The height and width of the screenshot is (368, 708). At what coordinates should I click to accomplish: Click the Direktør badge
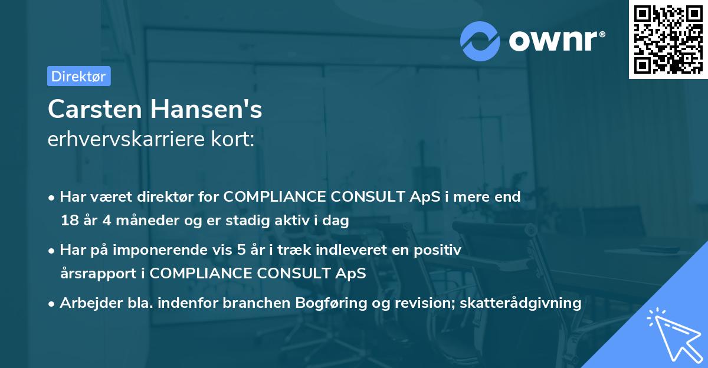tap(78, 76)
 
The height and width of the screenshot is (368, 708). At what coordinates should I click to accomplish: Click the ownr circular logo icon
tap(480, 41)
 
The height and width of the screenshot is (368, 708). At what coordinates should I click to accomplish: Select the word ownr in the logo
tap(556, 41)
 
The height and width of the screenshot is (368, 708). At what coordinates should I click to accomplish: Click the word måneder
tap(126, 221)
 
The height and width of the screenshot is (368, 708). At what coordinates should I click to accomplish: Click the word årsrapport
tap(94, 274)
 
